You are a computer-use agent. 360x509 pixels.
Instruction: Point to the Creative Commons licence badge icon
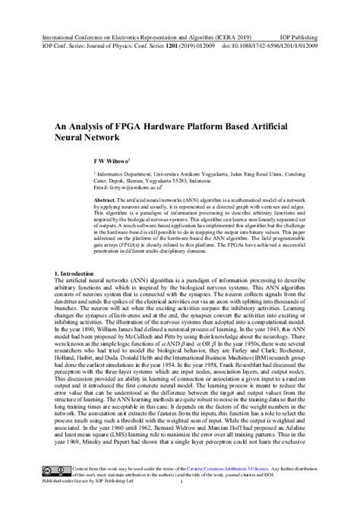click(55, 492)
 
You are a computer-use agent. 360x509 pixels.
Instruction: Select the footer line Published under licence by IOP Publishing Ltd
click(87, 502)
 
